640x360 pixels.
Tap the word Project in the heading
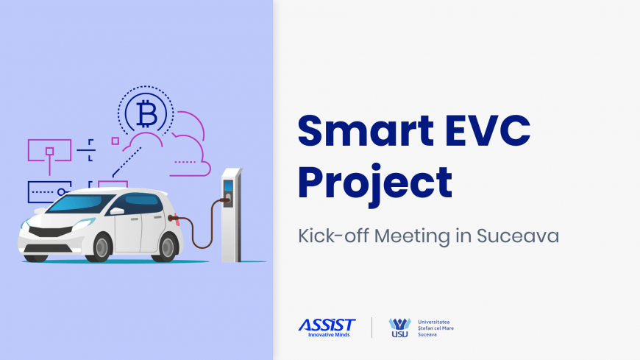pyautogui.click(x=375, y=184)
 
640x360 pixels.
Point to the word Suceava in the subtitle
pyautogui.click(x=518, y=236)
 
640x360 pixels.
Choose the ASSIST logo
pyautogui.click(x=327, y=328)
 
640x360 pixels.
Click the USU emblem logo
pyautogui.click(x=399, y=328)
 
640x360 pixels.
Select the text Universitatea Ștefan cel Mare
pyautogui.click(x=435, y=325)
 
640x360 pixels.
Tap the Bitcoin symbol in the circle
pyautogui.click(x=146, y=114)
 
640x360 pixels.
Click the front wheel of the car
pyautogui.click(x=100, y=247)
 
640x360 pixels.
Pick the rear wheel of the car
pyautogui.click(x=166, y=247)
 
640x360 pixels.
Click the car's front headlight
pyautogui.click(x=85, y=223)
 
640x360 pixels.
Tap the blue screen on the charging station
pyautogui.click(x=228, y=186)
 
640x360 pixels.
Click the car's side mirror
pyautogui.click(x=117, y=211)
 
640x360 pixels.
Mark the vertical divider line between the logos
pyautogui.click(x=371, y=328)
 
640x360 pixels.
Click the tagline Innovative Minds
pyautogui.click(x=329, y=335)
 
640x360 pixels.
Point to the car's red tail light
pyautogui.click(x=177, y=219)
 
